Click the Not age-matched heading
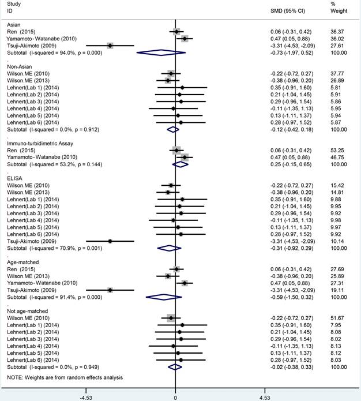pyautogui.click(x=27, y=310)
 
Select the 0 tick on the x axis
pyautogui.click(x=175, y=397)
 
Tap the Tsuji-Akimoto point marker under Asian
pyautogui.click(x=110, y=45)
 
